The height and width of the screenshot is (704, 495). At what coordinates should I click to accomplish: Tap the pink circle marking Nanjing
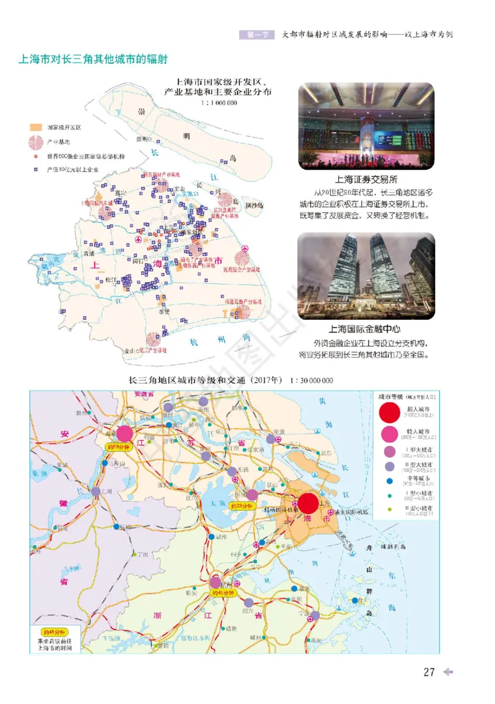point(124,434)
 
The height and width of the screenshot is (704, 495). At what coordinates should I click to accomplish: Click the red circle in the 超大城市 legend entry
point(390,411)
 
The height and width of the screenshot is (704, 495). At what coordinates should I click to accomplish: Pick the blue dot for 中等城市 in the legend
point(390,480)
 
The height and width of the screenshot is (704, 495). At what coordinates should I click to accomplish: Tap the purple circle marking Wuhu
point(96,492)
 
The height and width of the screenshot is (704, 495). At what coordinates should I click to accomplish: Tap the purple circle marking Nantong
point(270,439)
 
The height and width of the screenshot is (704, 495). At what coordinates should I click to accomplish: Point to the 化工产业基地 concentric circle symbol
point(152,339)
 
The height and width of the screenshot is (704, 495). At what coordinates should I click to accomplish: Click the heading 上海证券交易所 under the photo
point(366,180)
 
